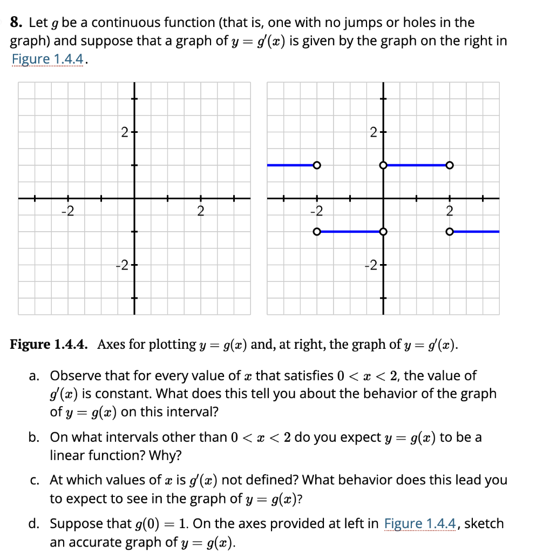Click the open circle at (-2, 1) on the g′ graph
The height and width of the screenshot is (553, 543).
click(317, 165)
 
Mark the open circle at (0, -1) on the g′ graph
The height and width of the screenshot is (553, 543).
click(383, 232)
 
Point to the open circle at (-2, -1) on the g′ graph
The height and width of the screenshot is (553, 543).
click(317, 232)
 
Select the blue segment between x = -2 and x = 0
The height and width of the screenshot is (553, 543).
click(350, 232)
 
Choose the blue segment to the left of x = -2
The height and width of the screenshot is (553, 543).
click(290, 165)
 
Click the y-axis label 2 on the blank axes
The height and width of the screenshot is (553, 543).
click(124, 132)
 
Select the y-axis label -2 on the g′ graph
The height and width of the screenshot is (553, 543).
click(371, 265)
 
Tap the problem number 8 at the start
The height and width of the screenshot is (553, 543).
click(16, 23)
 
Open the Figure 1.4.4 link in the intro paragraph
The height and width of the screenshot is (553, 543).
click(46, 59)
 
